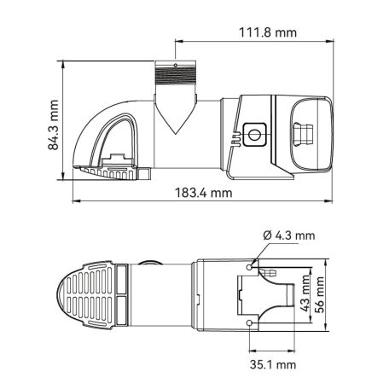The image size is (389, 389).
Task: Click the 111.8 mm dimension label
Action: pos(266,33)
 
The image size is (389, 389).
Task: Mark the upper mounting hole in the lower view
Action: pos(249,267)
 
